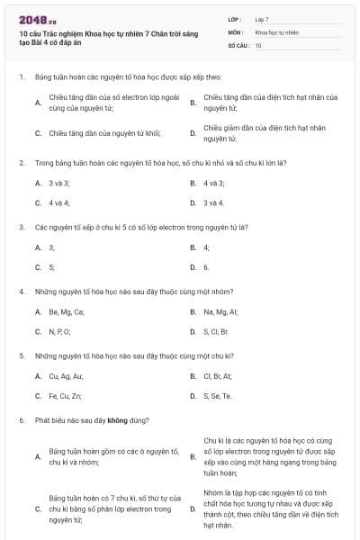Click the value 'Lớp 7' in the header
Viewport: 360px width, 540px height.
[262, 19]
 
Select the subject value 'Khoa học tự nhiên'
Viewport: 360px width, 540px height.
[276, 31]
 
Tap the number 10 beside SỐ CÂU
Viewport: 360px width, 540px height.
[258, 44]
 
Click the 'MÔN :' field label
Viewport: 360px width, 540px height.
[236, 31]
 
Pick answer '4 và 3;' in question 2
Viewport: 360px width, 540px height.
[214, 183]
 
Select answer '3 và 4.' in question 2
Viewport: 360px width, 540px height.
[213, 202]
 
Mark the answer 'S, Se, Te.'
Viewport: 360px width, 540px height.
[218, 395]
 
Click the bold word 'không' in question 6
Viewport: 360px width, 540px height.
[116, 420]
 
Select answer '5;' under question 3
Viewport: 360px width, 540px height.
[52, 266]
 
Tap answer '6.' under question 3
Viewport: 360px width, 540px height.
[207, 266]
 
